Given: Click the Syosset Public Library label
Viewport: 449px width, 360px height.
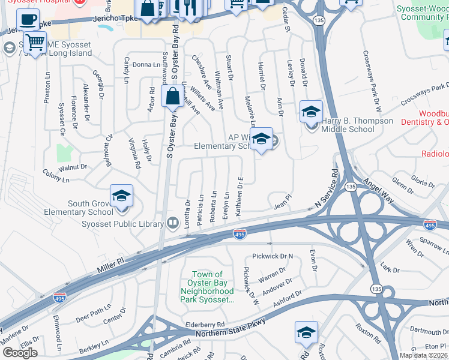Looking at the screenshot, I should tap(122, 224).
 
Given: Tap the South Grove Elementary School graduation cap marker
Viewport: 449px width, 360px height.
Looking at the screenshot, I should tap(121, 196).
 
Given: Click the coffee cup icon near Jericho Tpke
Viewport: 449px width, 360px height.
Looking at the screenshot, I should tap(28, 20).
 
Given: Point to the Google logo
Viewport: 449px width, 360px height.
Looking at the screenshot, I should tap(20, 352).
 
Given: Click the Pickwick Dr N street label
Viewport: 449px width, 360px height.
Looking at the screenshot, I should tap(273, 256).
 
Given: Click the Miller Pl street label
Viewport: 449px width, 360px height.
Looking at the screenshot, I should tap(112, 267).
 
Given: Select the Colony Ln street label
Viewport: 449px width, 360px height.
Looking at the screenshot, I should tap(57, 175).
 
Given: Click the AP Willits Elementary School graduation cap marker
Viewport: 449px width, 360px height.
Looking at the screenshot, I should tap(261, 139).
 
